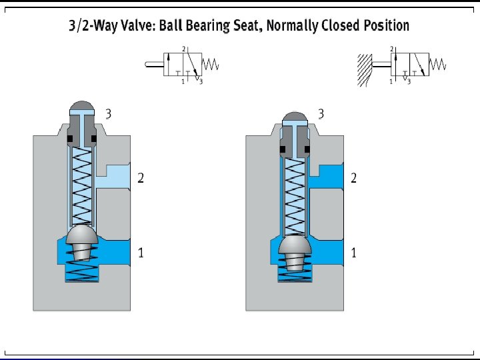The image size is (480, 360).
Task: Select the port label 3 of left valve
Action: [109, 114]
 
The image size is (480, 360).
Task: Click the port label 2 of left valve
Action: [141, 178]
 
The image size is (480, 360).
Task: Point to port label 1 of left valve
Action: [141, 253]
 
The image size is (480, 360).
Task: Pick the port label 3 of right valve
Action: [321, 114]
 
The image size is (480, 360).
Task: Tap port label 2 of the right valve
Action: [353, 178]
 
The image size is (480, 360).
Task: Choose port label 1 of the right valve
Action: [353, 253]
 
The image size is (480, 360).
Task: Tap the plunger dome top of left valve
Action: [83, 107]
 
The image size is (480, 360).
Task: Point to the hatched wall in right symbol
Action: [363, 69]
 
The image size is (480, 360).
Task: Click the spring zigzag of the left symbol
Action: [211, 65]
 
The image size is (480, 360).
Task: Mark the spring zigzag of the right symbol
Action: [438, 65]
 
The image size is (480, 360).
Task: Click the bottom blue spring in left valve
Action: [82, 269]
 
